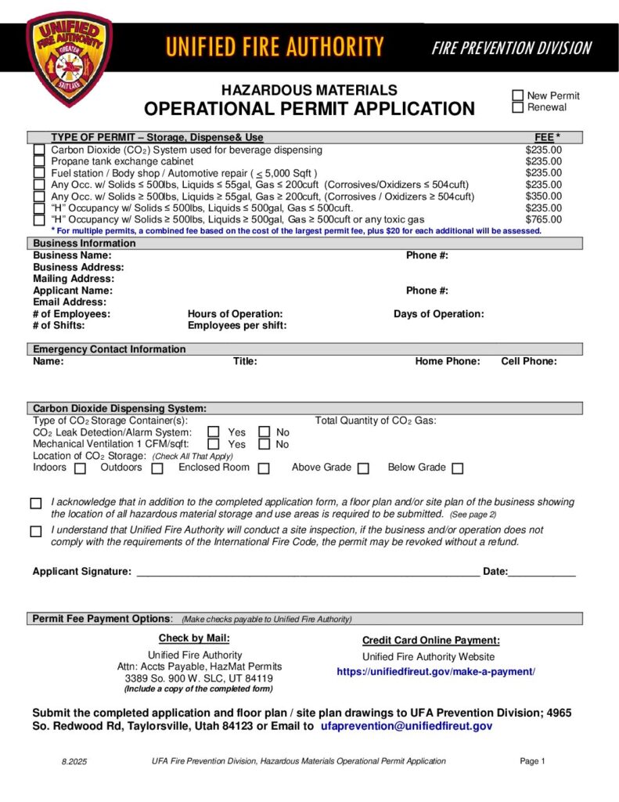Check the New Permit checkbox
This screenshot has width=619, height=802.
click(517, 96)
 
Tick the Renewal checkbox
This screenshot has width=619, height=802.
click(517, 107)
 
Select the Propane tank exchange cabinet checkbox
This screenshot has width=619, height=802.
click(39, 161)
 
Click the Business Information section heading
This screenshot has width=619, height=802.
click(85, 244)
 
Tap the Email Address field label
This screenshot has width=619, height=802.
click(70, 302)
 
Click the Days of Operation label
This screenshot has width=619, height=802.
click(438, 314)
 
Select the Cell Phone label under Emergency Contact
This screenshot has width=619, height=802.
click(529, 361)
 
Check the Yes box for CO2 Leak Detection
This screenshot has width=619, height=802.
click(213, 432)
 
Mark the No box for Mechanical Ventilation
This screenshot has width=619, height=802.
click(265, 444)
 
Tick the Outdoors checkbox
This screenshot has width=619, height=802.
click(157, 468)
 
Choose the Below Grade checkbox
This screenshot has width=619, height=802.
click(457, 468)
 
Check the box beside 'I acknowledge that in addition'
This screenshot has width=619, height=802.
click(36, 504)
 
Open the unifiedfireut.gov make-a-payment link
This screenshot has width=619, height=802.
click(436, 672)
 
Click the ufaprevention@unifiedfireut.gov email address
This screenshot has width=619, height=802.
click(407, 726)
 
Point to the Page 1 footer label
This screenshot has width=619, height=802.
click(532, 760)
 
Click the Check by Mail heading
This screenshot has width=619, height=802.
click(194, 638)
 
